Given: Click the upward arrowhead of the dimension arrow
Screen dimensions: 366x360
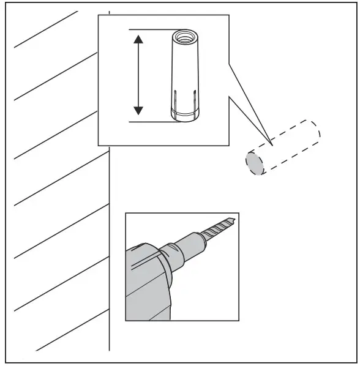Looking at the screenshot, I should click(138, 40).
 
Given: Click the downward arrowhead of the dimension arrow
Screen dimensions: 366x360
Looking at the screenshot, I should click(138, 110).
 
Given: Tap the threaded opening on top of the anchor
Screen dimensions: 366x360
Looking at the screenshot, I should click(183, 37).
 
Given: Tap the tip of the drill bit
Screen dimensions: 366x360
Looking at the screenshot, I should click(233, 218).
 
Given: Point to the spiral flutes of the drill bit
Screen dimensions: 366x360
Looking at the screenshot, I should click(217, 227).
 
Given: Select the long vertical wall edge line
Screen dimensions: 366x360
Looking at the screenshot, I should click(109, 245).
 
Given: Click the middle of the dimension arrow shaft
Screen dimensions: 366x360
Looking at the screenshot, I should click(138, 75).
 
